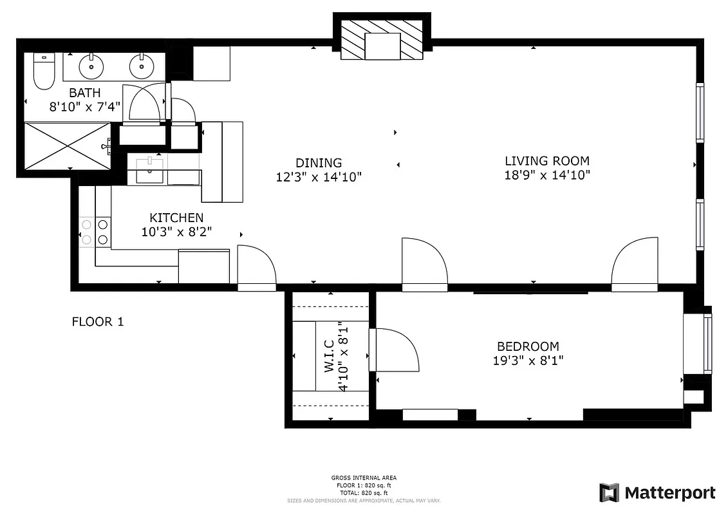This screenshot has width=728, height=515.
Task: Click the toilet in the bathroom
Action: coord(44,71)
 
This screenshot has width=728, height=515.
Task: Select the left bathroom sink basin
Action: coord(91,65)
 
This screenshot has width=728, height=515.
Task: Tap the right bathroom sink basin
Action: coord(141,65)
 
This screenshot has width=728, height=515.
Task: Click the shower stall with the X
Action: coord(68,146)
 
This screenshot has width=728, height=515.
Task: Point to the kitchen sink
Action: coord(150,169)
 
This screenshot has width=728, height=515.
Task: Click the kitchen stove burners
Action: coord(95,232)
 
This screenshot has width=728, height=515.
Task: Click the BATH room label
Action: coord(84,93)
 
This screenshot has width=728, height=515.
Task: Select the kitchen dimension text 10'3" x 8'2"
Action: coord(177,232)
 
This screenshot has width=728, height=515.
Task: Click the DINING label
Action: coord(319,163)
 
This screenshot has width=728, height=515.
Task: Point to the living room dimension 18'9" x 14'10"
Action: coord(546,175)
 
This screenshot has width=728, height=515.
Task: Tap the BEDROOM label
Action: coord(528,346)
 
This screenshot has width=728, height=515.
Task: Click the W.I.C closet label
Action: coord(328,357)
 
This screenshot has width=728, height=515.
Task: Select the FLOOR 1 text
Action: coord(97,321)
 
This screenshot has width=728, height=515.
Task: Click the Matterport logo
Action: coord(657,493)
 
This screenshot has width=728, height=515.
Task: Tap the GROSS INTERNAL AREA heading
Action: coord(364,478)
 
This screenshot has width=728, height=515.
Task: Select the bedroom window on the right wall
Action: coord(708,344)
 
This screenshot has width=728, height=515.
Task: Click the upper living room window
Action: coord(700,113)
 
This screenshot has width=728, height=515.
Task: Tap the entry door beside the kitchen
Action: coord(256,267)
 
